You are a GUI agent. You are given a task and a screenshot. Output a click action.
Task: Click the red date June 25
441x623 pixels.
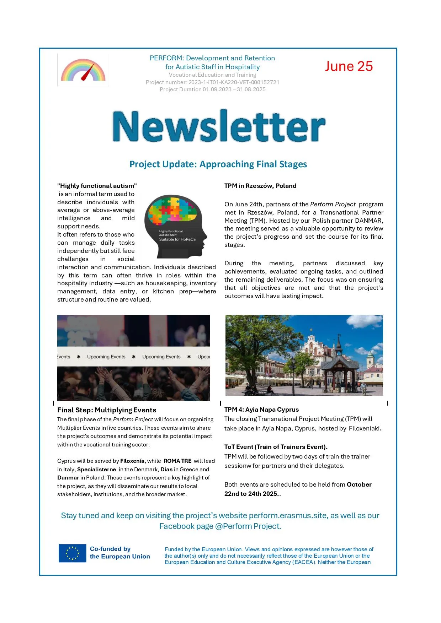[349, 66]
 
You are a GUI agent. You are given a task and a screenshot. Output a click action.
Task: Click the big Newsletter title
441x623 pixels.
[219, 126]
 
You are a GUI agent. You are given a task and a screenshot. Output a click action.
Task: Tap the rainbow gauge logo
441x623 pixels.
[83, 70]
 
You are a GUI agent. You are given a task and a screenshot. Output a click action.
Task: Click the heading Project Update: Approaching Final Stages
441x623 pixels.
[218, 164]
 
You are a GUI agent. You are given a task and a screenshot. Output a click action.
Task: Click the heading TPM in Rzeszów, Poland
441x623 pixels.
[260, 186]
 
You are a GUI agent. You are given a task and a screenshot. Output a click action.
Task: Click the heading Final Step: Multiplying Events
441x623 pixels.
[107, 410]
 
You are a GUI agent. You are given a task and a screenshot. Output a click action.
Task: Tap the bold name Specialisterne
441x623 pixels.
[96, 470]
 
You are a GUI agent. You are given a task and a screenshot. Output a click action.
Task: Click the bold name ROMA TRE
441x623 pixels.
[177, 461]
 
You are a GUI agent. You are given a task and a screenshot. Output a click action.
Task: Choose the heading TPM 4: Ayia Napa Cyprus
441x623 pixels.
[261, 410]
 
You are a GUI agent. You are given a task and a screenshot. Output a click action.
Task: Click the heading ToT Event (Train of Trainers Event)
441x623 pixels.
[276, 447]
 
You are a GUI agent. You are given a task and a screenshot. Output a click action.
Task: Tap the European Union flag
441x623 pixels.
[73, 553]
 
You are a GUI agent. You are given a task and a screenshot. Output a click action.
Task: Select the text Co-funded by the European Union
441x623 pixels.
[119, 553]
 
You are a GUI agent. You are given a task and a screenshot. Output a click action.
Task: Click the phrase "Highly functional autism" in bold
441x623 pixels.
[97, 186]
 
